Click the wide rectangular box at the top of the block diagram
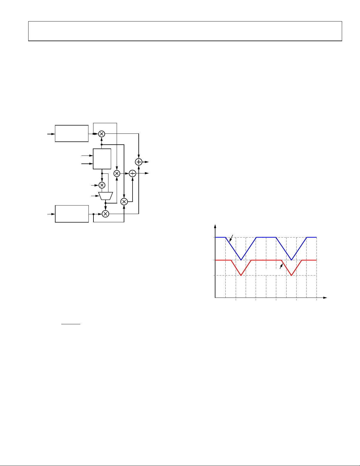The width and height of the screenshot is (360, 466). tap(72, 133)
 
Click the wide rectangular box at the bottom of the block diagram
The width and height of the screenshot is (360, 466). tap(72, 214)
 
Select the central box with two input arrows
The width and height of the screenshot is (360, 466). tap(102, 159)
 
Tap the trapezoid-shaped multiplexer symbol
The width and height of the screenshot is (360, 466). tap(106, 196)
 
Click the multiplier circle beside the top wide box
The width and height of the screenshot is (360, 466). tap(102, 134)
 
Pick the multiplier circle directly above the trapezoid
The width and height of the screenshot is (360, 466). tap(102, 185)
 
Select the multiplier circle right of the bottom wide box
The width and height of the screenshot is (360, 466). tap(106, 214)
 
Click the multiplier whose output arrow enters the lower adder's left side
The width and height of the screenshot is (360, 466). tap(117, 173)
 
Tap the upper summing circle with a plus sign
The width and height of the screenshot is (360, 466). tap(139, 162)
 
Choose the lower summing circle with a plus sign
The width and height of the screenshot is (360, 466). tap(133, 173)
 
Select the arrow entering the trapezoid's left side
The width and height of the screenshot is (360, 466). tap(95, 196)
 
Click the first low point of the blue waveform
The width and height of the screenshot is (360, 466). tap(241, 260)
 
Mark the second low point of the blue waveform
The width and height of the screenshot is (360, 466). tap(291, 260)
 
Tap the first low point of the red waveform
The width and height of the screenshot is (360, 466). tap(241, 275)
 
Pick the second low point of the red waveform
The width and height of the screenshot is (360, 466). tap(291, 275)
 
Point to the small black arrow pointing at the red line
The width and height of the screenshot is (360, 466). tap(281, 266)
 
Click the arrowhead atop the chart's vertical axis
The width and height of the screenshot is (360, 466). tap(215, 226)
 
